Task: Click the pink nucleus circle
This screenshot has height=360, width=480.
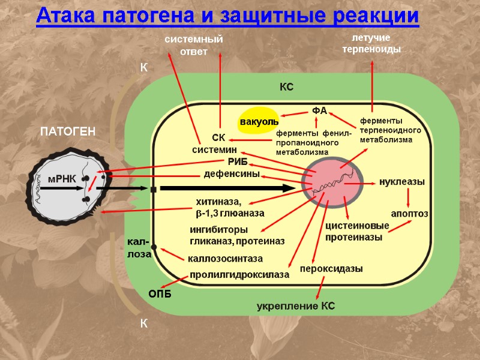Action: [333, 183]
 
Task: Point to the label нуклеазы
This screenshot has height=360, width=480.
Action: [401, 182]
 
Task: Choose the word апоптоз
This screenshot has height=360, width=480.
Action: [409, 214]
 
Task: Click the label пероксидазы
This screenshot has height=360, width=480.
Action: [331, 268]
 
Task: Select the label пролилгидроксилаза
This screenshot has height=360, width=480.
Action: [239, 275]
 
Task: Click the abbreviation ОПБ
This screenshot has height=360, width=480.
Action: [160, 293]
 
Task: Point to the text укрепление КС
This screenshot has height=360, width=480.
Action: [296, 307]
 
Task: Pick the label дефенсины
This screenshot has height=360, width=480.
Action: [232, 175]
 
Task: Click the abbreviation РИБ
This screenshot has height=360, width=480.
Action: [237, 162]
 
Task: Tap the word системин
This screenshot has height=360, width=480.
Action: [215, 149]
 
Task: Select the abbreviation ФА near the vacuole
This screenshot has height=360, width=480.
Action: [319, 111]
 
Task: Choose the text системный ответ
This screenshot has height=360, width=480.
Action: [194, 46]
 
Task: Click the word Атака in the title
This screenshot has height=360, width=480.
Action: [65, 16]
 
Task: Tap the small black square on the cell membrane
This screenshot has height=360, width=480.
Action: [154, 190]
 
